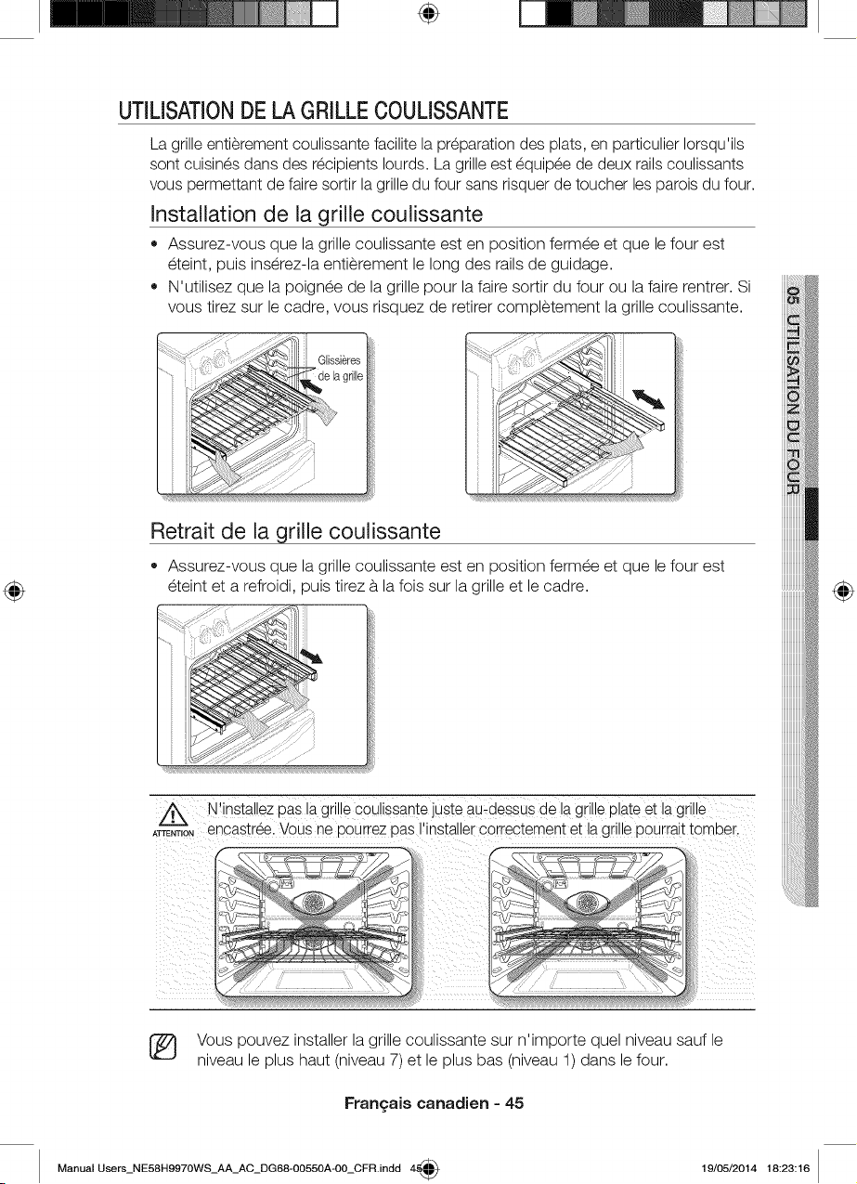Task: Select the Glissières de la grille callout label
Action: point(340,368)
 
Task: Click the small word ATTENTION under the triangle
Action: point(174,834)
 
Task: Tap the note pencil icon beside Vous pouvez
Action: point(163,1048)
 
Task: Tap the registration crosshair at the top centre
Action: point(429,14)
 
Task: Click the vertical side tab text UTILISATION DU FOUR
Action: point(793,404)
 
